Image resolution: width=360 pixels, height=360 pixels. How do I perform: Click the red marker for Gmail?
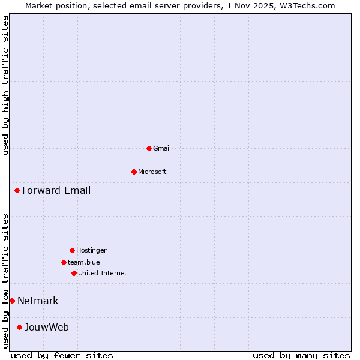tap(149, 148)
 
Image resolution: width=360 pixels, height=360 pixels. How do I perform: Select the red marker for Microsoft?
tap(134, 172)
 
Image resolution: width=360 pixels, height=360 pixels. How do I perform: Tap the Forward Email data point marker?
tap(17, 191)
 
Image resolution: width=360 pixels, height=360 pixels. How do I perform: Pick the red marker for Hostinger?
tap(72, 250)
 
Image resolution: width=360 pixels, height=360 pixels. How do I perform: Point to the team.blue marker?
tap(64, 262)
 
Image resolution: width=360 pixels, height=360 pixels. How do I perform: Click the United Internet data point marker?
tap(74, 273)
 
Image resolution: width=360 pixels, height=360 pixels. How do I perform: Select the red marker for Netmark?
tap(12, 301)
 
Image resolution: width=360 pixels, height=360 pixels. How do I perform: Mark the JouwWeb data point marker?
tap(19, 327)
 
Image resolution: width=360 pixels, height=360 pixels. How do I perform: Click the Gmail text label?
tap(162, 148)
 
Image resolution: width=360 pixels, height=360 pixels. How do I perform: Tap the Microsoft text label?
tap(152, 172)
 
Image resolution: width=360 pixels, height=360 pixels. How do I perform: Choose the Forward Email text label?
tap(56, 191)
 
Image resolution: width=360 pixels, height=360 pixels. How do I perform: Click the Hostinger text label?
tap(91, 250)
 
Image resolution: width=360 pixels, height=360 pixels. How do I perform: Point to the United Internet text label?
tap(103, 273)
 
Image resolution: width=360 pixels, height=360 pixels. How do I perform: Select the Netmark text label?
tap(38, 301)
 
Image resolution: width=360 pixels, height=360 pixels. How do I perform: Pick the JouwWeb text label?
tap(47, 327)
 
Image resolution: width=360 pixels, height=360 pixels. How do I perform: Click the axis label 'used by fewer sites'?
tap(62, 355)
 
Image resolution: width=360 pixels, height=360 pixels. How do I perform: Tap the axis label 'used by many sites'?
tap(301, 355)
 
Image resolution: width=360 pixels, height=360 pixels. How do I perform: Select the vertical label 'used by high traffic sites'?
tap(5, 85)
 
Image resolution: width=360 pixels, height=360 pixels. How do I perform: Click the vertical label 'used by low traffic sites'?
tap(5, 280)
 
